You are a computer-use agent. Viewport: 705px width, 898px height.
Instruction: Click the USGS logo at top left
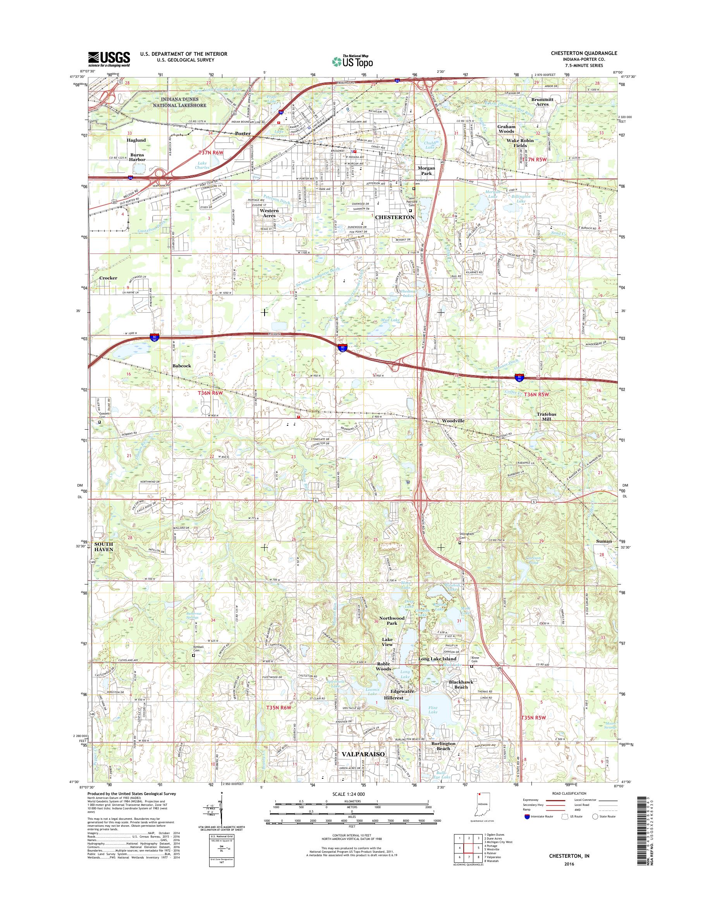[108, 59]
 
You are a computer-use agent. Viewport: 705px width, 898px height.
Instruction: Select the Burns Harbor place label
[137, 157]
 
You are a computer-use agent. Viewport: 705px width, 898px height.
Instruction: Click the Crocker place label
[108, 278]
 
